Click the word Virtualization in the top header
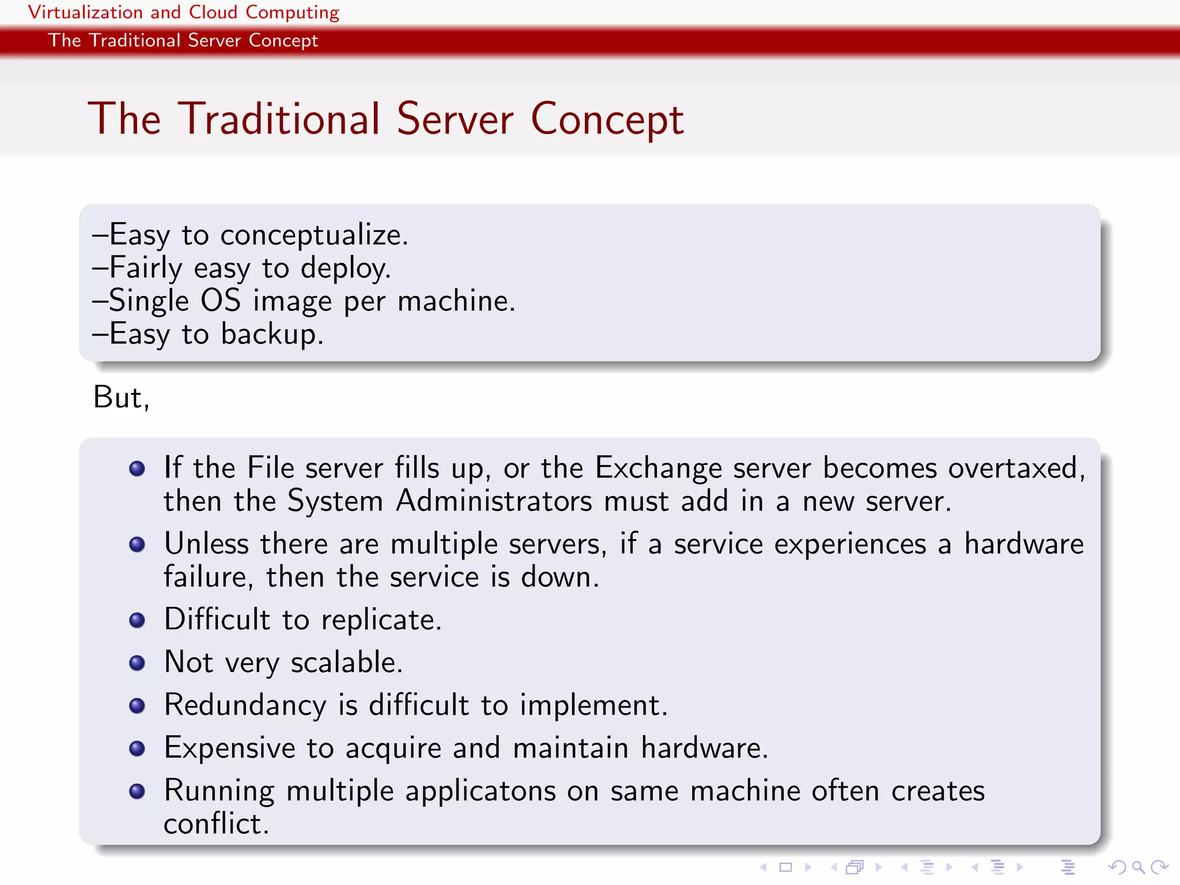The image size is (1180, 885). point(85,12)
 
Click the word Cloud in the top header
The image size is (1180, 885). point(213,12)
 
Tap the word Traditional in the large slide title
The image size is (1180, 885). point(279,119)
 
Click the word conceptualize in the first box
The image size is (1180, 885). point(314,236)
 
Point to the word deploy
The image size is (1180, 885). point(345,269)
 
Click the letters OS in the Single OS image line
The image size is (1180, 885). point(221,301)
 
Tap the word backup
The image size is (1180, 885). point(272,334)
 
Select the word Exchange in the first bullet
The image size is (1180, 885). point(658,468)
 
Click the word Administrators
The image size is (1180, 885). point(494,501)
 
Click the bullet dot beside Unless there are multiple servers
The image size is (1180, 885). point(137,544)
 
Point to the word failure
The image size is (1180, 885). point(207,577)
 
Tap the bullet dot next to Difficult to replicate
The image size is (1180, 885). point(137,621)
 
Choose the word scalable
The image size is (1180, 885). point(346,663)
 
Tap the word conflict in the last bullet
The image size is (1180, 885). point(216,824)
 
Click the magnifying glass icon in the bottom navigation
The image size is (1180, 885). point(1138,867)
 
